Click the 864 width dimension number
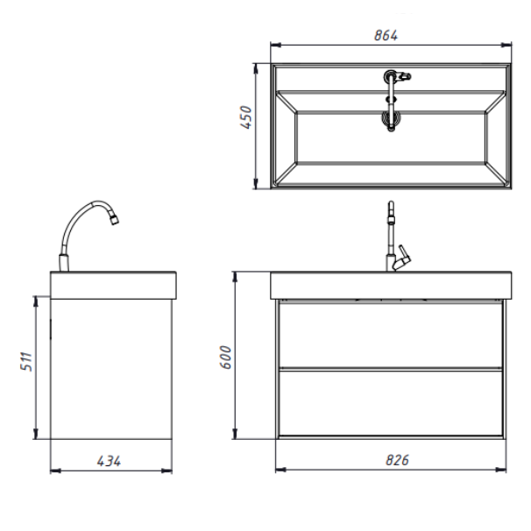386,36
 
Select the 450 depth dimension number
246,117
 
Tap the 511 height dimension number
26,362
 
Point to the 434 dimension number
109,461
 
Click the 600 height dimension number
225,357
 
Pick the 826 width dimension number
398,460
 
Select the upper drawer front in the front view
391,335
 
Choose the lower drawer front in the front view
391,403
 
